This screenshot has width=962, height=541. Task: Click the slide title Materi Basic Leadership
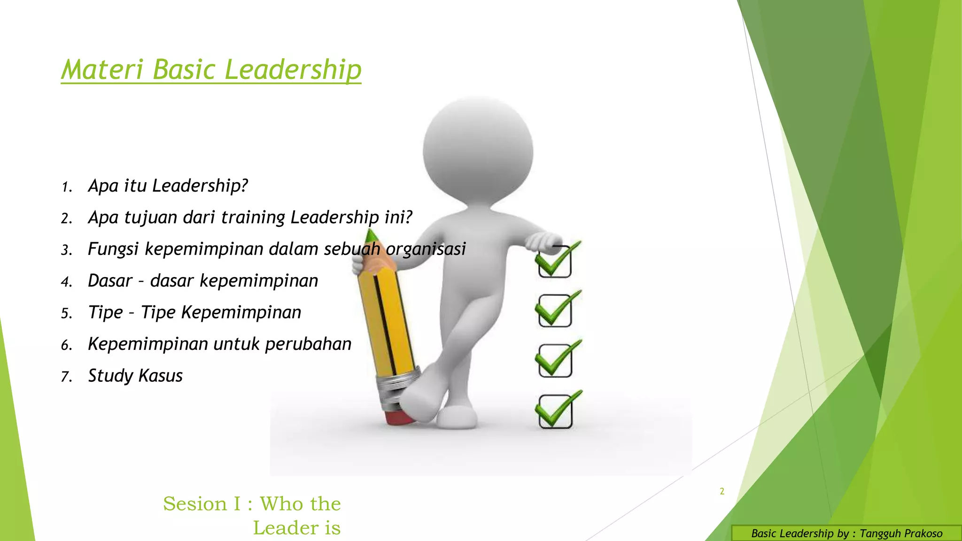[211, 70]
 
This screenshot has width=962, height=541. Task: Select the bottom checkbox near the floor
[555, 411]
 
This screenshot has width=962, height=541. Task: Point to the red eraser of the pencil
[400, 417]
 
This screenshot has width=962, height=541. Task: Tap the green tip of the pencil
[372, 234]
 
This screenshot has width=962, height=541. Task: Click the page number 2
[722, 492]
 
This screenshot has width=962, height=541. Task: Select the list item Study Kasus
[135, 376]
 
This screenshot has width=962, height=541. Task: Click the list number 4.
[66, 282]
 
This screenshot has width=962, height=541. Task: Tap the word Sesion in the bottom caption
[195, 504]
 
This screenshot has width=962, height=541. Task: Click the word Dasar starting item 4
[110, 281]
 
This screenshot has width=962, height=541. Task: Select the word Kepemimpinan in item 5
[241, 312]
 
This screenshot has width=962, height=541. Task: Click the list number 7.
[66, 377]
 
